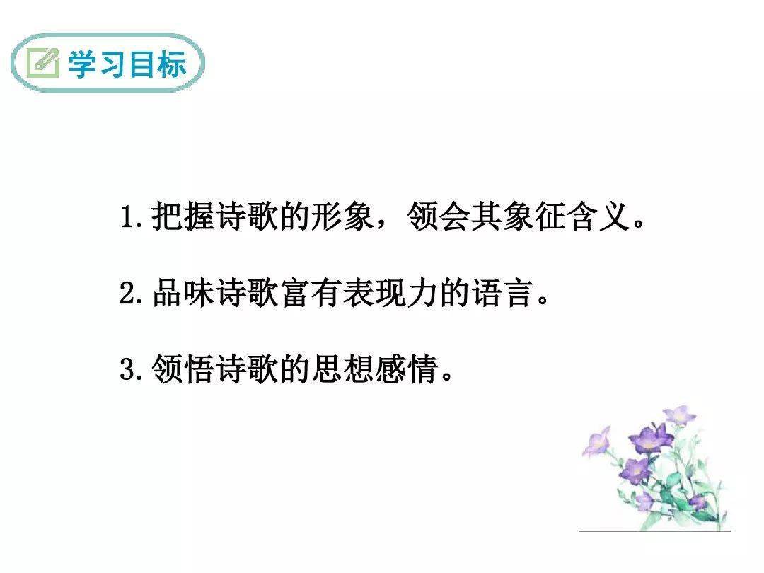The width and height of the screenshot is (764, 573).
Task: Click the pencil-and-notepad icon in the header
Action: (x=43, y=63)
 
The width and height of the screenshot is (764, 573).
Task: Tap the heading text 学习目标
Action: (x=127, y=64)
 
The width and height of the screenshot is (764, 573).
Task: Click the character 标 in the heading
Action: (x=172, y=64)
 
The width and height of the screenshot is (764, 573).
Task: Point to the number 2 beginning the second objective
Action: (x=127, y=294)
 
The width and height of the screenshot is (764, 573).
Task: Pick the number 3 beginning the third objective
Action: (x=127, y=369)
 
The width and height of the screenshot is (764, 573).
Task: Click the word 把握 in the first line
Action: (x=183, y=216)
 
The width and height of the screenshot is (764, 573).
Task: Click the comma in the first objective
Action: (x=381, y=225)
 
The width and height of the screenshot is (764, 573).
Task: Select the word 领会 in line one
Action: (x=438, y=216)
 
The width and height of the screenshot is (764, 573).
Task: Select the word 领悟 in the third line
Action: (x=183, y=369)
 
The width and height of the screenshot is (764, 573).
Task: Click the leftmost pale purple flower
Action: (x=597, y=442)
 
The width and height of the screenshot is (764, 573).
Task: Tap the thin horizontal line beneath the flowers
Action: (x=654, y=531)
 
